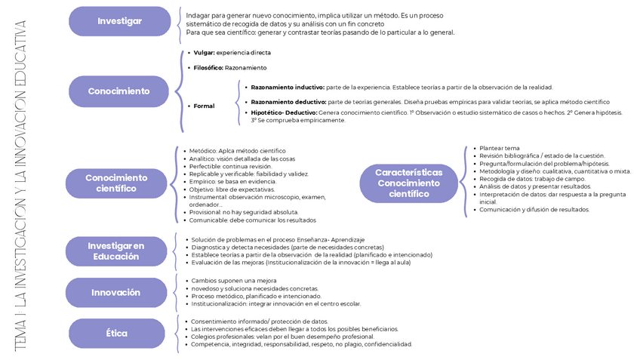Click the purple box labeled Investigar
(119, 21)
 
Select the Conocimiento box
(118, 91)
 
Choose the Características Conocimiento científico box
(408, 183)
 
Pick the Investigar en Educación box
(115, 251)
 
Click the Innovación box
(115, 292)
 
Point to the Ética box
(117, 333)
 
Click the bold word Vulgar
(204, 53)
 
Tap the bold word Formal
(204, 106)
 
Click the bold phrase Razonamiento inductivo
(288, 88)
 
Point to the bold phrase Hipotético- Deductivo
(284, 112)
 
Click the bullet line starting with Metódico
(237, 151)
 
